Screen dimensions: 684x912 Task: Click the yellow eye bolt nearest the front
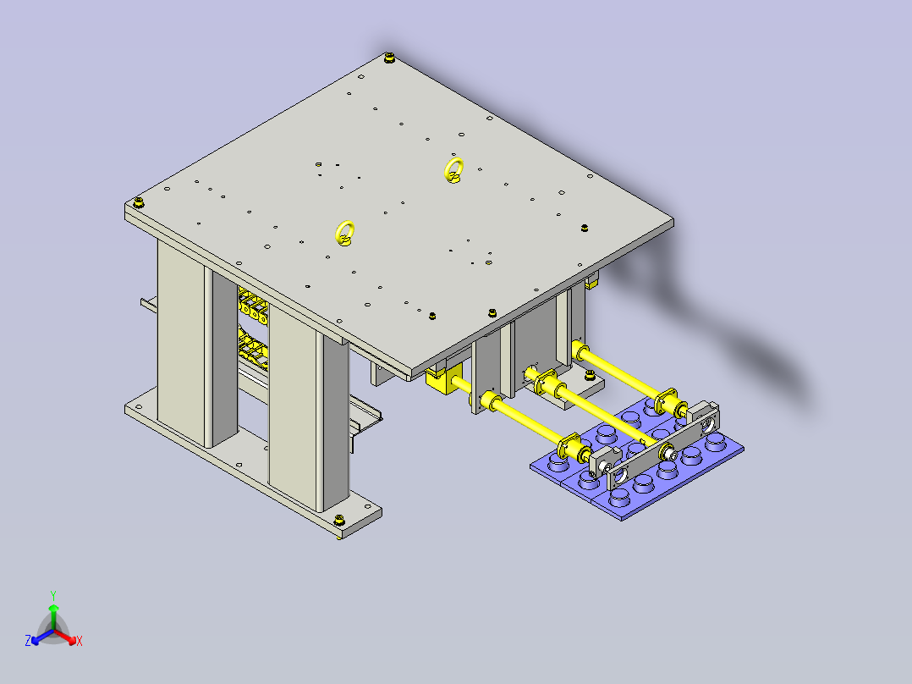click(x=345, y=233)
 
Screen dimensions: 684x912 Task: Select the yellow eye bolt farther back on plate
click(x=454, y=169)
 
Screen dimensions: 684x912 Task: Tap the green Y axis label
click(x=52, y=594)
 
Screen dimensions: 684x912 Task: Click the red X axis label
click(x=79, y=642)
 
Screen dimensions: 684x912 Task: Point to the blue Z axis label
click(x=28, y=642)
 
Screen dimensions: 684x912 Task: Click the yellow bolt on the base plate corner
click(x=340, y=520)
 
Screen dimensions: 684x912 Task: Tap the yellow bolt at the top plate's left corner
click(x=138, y=202)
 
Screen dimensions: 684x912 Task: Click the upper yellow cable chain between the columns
click(x=252, y=306)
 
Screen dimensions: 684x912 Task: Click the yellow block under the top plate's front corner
click(x=443, y=380)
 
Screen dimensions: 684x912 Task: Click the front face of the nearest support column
click(x=292, y=415)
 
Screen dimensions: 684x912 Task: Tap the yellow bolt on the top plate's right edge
click(x=584, y=227)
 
